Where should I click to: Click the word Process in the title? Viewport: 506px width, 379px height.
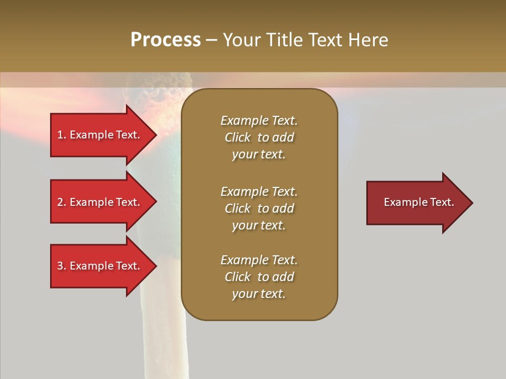(x=166, y=39)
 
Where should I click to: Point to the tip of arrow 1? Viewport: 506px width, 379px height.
(x=155, y=135)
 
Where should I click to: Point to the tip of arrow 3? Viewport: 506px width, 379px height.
(x=155, y=266)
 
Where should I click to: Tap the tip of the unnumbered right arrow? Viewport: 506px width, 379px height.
(x=472, y=203)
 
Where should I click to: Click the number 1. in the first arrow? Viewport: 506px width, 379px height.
(x=62, y=135)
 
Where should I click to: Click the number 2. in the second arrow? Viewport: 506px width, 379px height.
(x=62, y=202)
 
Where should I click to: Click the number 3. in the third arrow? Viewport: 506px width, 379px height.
(x=62, y=266)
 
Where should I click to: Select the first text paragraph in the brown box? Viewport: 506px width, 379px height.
(x=259, y=137)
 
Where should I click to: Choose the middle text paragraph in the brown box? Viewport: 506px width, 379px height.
(x=259, y=208)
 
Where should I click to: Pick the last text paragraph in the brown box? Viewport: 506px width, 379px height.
(x=259, y=277)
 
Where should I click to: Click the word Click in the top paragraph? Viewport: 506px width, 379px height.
(x=237, y=137)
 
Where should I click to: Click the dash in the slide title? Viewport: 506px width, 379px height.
(x=211, y=40)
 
